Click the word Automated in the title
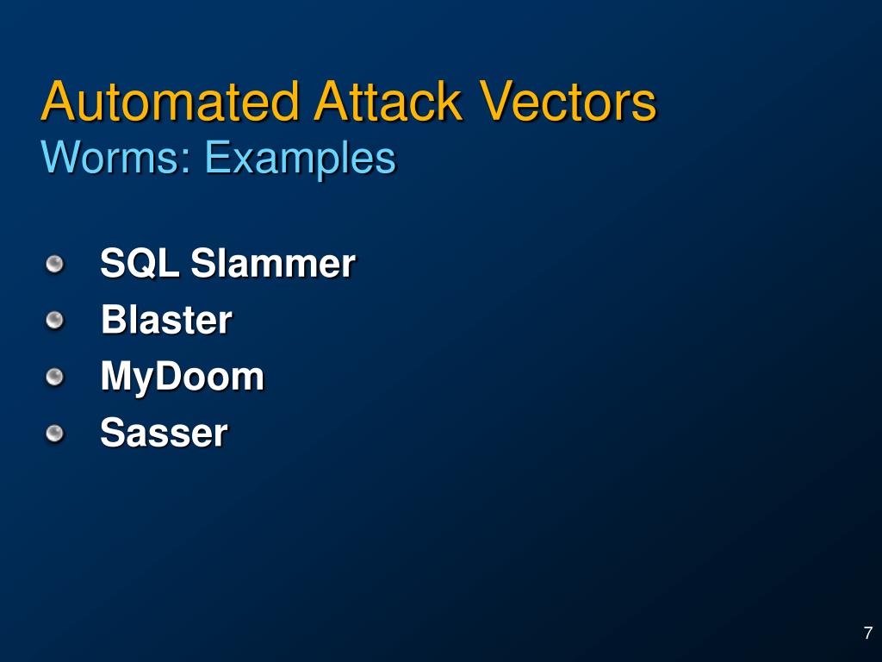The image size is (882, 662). coord(170,102)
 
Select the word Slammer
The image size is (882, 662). coord(272,264)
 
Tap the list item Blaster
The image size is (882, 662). coord(166,321)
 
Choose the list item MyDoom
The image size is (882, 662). coord(182,378)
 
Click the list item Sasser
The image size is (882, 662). coord(164,433)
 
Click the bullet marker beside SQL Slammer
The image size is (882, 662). coord(55,264)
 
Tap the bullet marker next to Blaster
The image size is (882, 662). coord(55,321)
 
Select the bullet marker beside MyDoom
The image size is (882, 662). coord(55,377)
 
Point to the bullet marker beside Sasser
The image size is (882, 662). coord(55,433)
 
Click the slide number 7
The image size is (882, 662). coord(868,633)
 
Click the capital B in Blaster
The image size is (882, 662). coord(113,321)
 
